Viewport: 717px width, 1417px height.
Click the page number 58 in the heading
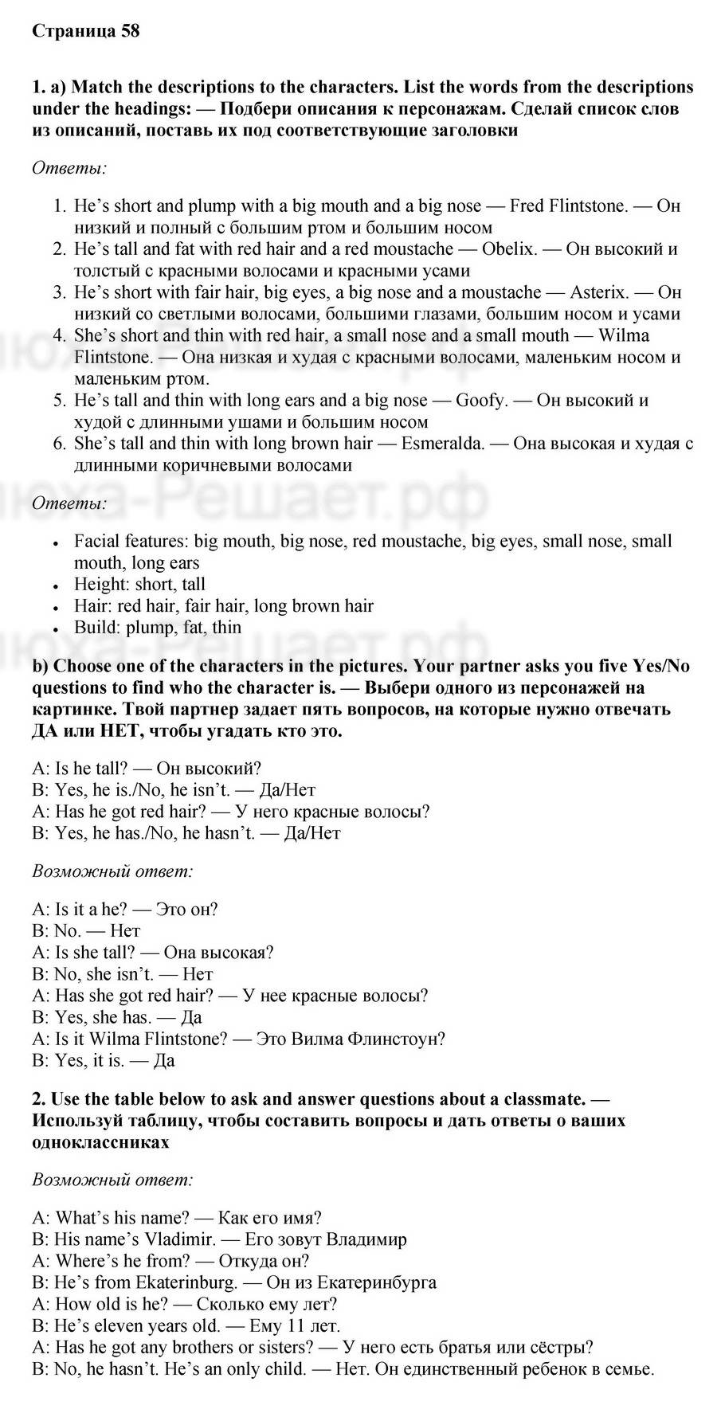[x=130, y=31]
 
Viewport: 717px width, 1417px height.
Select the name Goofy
[x=481, y=400]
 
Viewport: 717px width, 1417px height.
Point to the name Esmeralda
[x=442, y=443]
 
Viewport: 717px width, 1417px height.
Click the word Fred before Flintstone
[x=527, y=206]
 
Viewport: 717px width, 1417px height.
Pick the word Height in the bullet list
[x=101, y=584]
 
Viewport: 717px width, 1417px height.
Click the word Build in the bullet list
[x=95, y=627]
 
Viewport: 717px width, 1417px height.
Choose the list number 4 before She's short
[x=59, y=335]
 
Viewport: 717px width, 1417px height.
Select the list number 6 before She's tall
[x=59, y=443]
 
